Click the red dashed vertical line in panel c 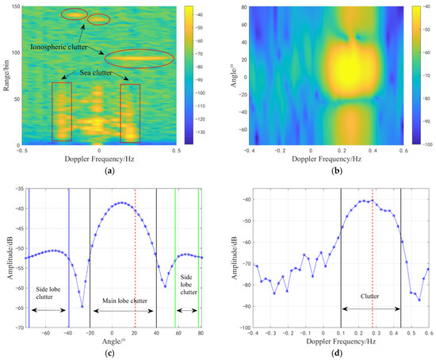[x=135, y=254]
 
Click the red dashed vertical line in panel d [x=372, y=254]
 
